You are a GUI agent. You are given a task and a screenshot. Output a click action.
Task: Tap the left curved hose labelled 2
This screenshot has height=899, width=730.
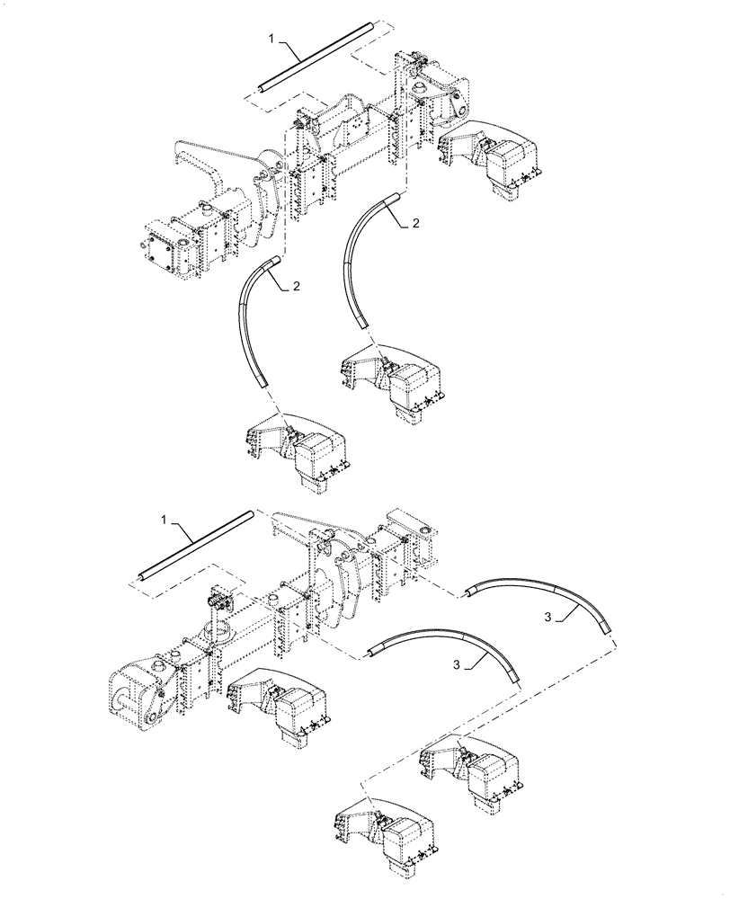pyautogui.click(x=253, y=319)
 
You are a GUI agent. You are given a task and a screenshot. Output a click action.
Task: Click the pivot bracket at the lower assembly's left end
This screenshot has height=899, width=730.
pyautogui.click(x=135, y=692)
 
